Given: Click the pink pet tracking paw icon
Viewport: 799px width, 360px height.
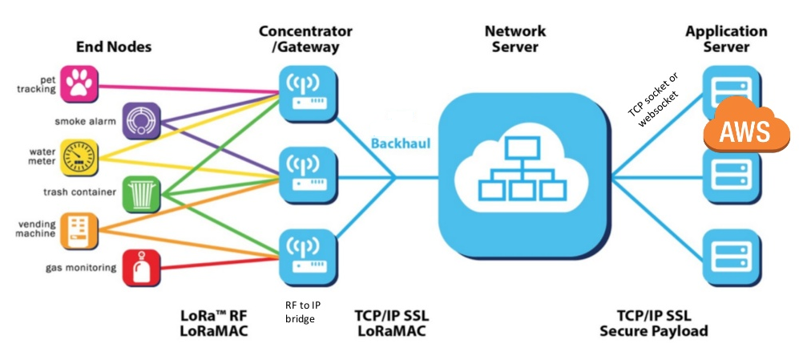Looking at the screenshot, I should point(81,82).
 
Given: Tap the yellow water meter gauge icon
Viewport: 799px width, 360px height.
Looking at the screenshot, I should point(80,156).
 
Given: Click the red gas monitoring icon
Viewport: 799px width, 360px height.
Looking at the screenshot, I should point(142,267).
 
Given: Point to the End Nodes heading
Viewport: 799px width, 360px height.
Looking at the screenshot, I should point(114,47).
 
